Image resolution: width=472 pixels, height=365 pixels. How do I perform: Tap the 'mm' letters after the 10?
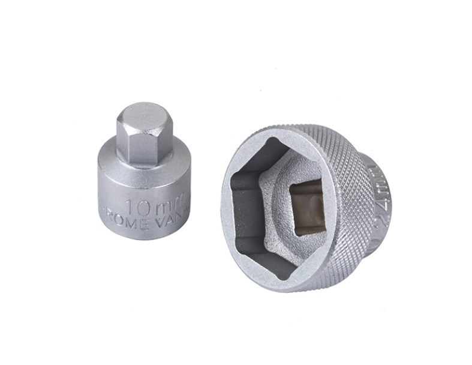(170, 207)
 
